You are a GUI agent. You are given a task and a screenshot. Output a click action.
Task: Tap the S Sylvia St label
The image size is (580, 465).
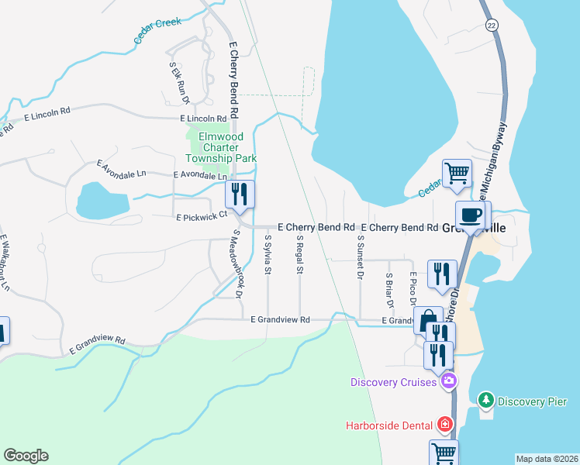[x=268, y=255]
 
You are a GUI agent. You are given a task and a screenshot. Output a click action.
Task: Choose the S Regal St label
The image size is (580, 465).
[x=299, y=255]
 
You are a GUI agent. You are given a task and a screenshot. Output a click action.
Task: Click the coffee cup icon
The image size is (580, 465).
[x=471, y=215]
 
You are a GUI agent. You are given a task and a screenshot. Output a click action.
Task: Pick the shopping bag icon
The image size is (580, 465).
[x=427, y=320]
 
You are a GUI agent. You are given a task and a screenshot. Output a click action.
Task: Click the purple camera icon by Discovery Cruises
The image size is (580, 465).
[x=447, y=381]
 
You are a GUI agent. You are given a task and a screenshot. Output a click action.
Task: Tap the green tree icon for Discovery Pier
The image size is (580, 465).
[x=485, y=401]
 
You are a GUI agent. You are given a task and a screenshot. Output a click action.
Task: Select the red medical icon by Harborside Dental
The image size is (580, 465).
[x=444, y=424]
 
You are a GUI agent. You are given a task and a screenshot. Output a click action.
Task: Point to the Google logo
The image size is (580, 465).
[x=26, y=456]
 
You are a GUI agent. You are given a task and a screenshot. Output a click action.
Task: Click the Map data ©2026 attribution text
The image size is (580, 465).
[x=547, y=459]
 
